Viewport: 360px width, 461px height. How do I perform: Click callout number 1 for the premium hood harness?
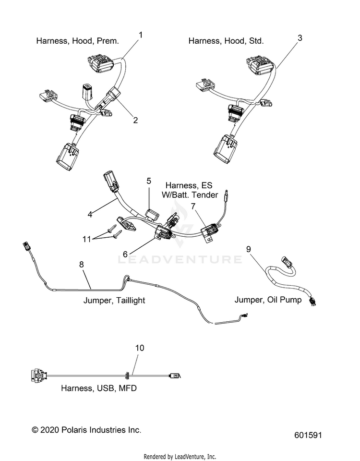coord(141,35)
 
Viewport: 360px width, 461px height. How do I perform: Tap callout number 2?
coord(135,120)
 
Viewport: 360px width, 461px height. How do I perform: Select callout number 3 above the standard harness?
coord(300,38)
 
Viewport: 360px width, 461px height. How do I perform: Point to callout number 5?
coord(149,181)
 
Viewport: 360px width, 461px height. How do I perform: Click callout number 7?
coord(193,206)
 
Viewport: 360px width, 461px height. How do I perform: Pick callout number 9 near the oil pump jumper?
coord(249,249)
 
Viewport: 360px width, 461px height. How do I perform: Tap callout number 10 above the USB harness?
coord(140,348)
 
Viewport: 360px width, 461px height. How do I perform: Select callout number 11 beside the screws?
coord(87,239)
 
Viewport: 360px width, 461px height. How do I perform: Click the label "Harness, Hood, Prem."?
coord(78,40)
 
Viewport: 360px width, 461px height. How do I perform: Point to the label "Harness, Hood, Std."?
coord(226,40)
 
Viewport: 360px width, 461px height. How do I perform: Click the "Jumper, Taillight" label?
coord(114,300)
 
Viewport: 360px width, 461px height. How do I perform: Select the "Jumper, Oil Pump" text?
coord(268,300)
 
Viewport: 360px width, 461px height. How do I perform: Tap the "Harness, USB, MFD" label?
coord(99,388)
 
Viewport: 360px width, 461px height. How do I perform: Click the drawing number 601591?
coord(308,435)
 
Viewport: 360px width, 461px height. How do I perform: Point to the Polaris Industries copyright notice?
coord(86,430)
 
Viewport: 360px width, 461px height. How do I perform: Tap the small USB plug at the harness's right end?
coord(175,376)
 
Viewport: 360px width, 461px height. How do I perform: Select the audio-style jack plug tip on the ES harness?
coord(227,194)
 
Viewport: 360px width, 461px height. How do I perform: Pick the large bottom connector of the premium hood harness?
coord(68,157)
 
